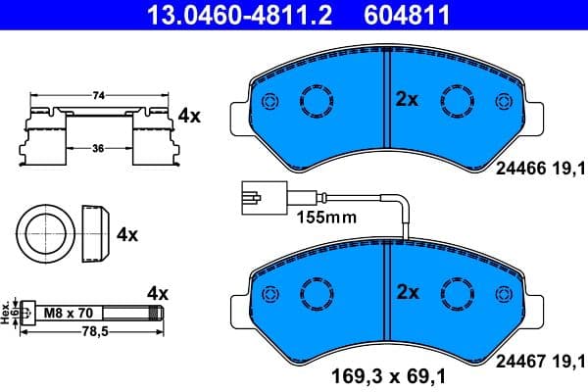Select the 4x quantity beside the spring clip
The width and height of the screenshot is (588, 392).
point(188,116)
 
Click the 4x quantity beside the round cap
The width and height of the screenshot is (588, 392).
point(127,235)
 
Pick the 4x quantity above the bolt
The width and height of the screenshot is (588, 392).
point(158,293)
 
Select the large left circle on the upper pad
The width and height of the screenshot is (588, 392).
point(316,100)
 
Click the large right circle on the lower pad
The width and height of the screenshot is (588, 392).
point(458,292)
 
